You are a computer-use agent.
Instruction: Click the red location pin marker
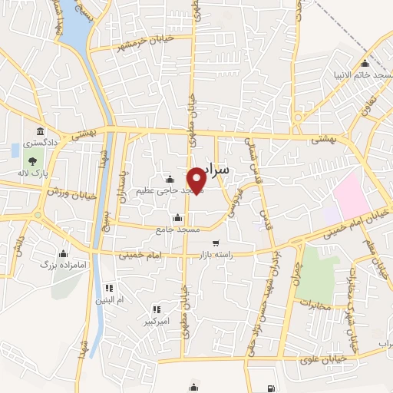(197, 180)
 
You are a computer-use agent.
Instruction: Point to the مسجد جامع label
(178, 229)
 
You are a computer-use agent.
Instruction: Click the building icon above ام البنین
(108, 288)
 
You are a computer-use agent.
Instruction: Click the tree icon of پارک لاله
(33, 161)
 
